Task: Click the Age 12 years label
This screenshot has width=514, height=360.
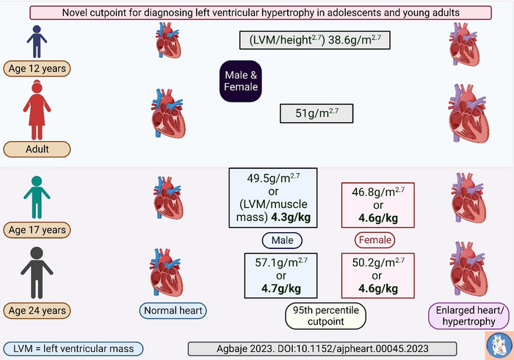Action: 37,70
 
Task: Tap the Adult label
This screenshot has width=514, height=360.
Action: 37,149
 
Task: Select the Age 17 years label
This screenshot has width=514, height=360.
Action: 37,229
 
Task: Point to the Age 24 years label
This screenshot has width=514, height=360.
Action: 37,309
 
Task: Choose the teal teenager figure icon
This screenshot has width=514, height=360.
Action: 37,196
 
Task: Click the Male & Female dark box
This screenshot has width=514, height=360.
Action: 241,80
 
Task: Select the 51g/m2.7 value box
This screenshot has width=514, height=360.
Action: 316,114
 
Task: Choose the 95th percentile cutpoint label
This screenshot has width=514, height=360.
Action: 325,316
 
